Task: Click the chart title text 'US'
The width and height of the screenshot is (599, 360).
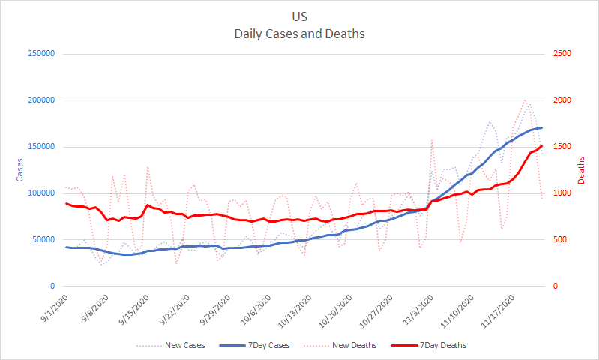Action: pyautogui.click(x=299, y=16)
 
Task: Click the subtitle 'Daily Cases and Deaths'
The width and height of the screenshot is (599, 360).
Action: pyautogui.click(x=299, y=34)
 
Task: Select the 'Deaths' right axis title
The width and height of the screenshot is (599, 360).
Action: pyautogui.click(x=582, y=170)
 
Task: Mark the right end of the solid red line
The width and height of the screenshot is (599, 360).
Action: pyautogui.click(x=541, y=145)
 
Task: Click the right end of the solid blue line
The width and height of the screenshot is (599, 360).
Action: pyautogui.click(x=541, y=127)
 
